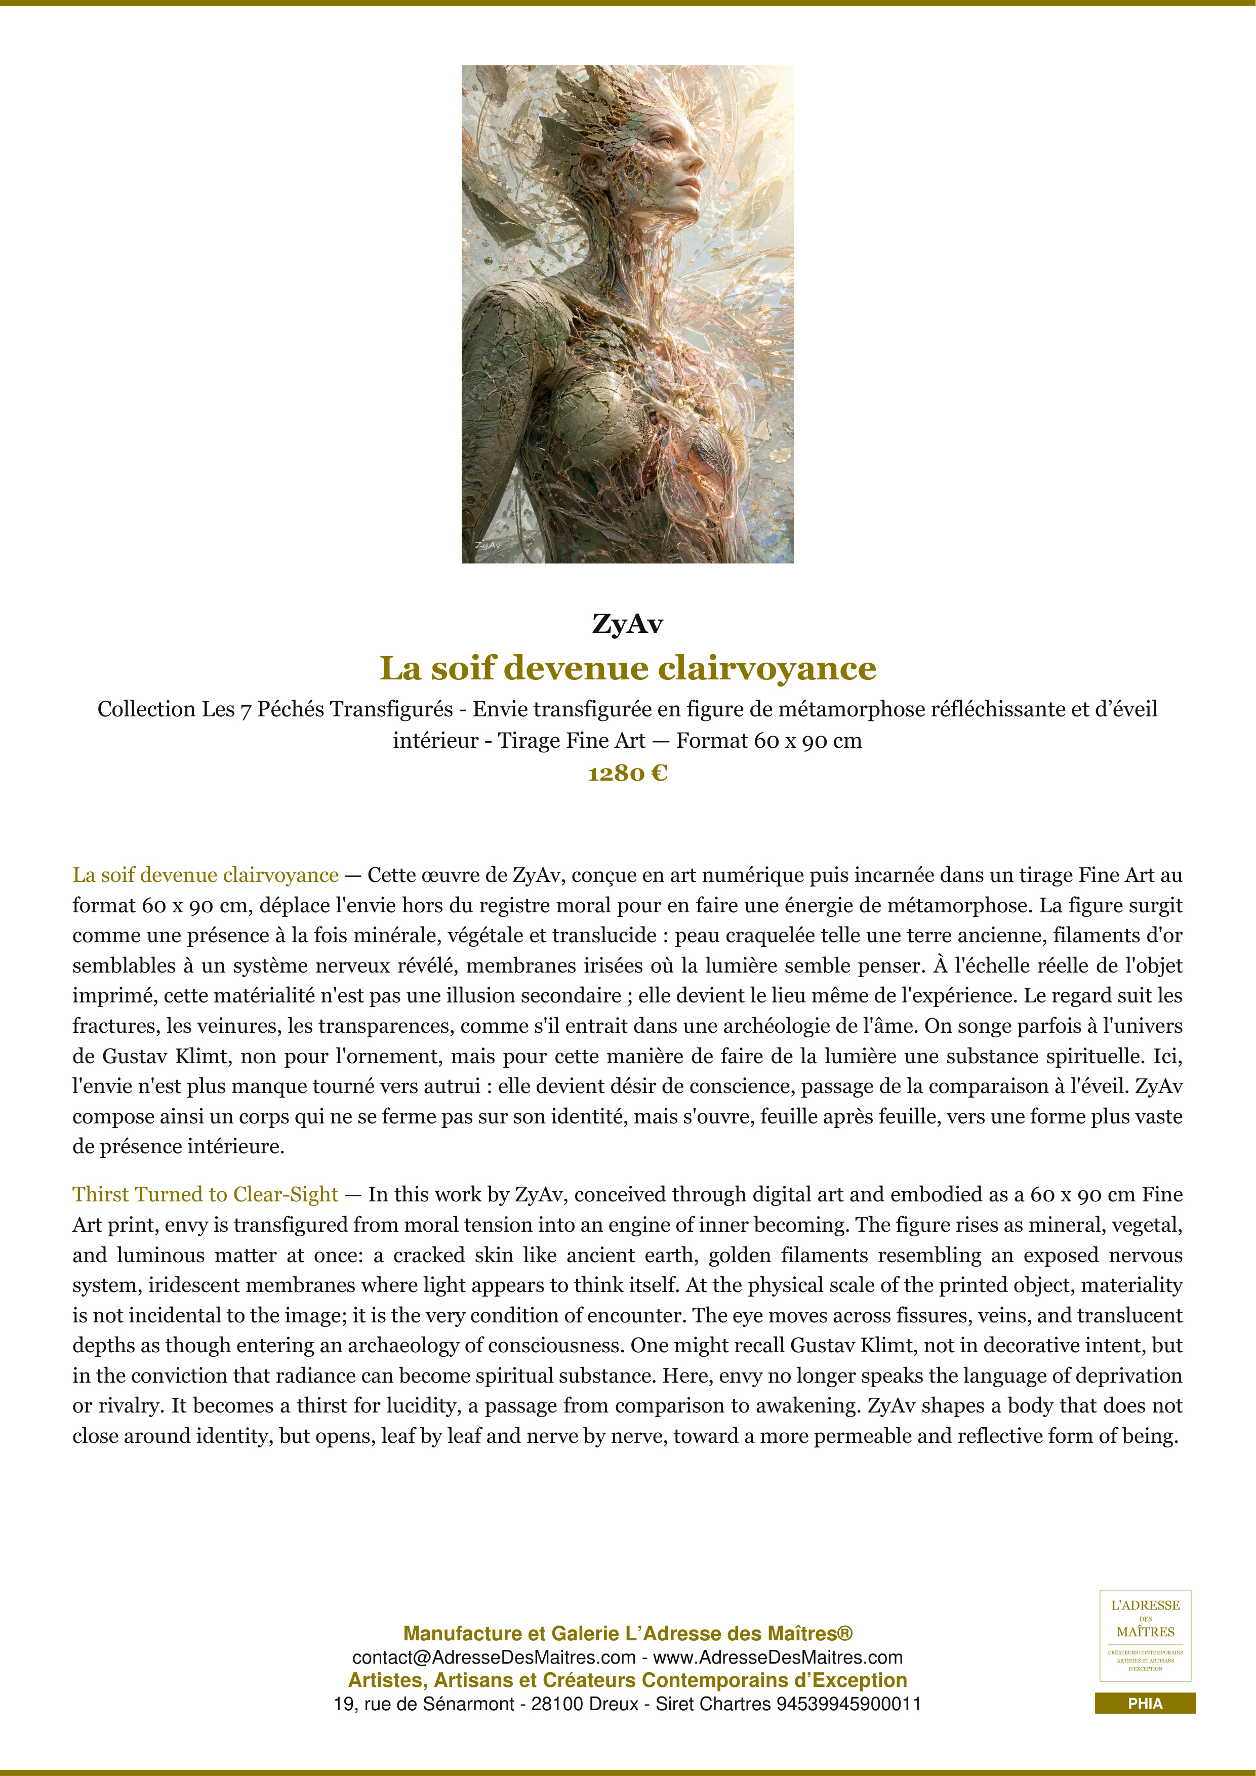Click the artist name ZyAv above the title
coord(627,623)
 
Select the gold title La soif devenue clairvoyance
coord(627,668)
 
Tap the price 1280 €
coord(627,773)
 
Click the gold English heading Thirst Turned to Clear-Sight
coord(205,1194)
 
